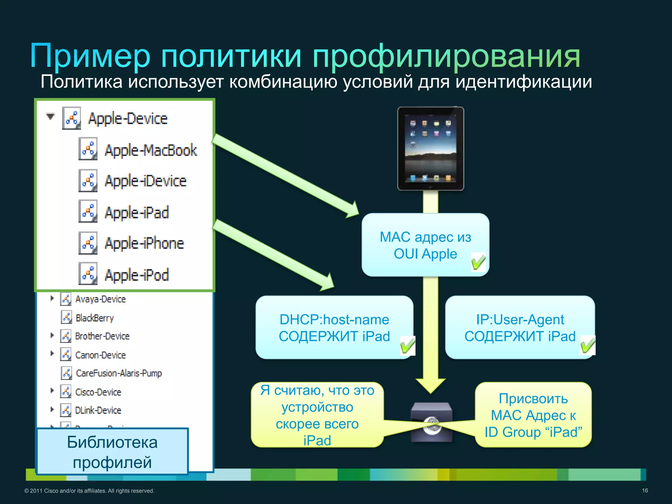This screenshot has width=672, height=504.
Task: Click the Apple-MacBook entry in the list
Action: pos(151,150)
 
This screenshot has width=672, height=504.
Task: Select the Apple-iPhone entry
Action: pos(144,243)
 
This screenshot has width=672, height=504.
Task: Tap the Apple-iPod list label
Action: pos(136,275)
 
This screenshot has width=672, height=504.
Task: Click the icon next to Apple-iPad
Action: pos(88,212)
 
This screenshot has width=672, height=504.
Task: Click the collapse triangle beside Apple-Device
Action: pos(50,116)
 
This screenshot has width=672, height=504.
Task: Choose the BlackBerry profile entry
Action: pos(94,318)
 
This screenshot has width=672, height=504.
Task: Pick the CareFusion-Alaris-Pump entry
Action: pos(119,373)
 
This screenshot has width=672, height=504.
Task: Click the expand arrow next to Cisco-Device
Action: pos(52,390)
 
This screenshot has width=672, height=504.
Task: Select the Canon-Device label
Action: pos(100,355)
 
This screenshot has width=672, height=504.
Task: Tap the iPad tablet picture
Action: pos(430,148)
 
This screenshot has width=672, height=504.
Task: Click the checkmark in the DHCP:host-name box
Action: pos(408,346)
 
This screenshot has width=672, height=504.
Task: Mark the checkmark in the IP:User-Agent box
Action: pos(588,345)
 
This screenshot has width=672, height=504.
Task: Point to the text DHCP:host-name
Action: pos(334,319)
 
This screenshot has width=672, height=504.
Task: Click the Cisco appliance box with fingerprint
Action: pos(431,422)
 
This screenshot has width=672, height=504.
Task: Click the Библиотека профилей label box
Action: pos(112,452)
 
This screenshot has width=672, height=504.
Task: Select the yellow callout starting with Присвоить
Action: pos(533,415)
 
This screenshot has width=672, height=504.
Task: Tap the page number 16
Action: pos(645,491)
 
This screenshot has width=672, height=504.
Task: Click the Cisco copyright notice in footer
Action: pos(89,491)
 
